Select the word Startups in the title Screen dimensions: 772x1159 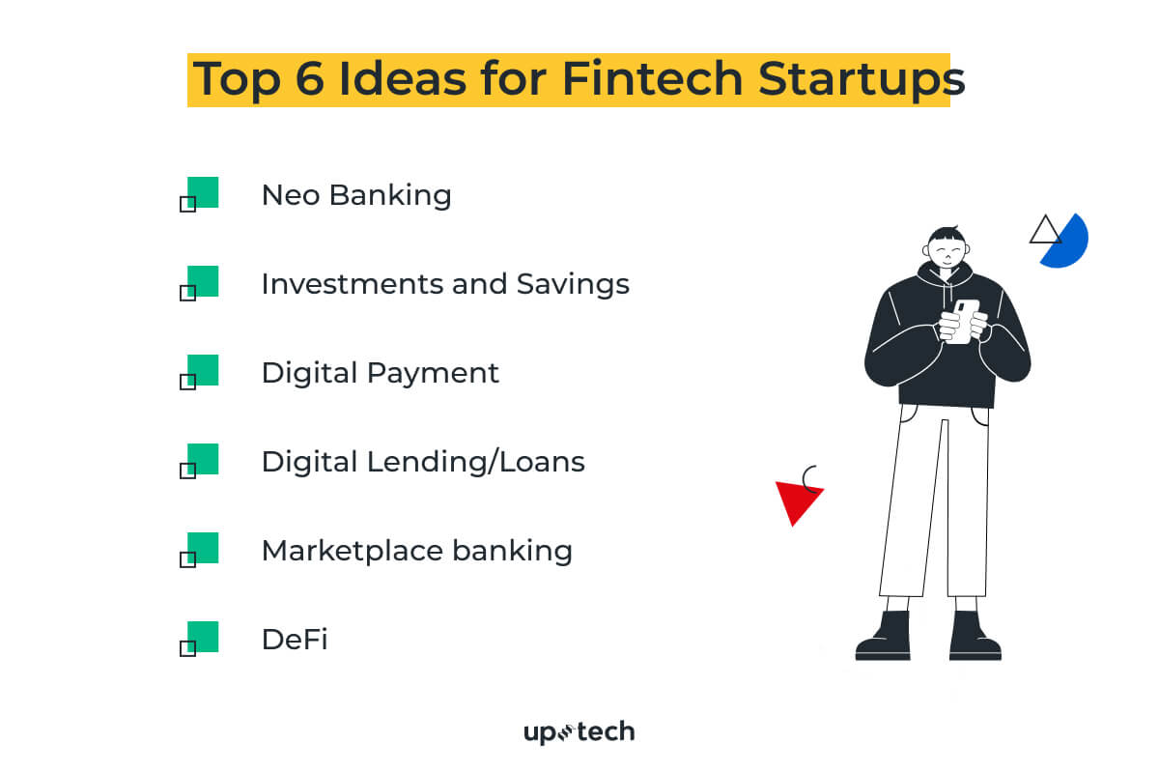pyautogui.click(x=861, y=79)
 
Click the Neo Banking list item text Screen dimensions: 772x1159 pyautogui.click(x=356, y=195)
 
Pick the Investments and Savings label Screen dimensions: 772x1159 pyautogui.click(x=445, y=284)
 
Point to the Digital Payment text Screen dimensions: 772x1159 pyautogui.click(x=381, y=373)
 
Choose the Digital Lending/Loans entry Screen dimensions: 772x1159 pyautogui.click(x=423, y=462)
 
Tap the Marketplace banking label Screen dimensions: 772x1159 pyautogui.click(x=417, y=551)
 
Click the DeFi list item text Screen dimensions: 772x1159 pyautogui.click(x=295, y=640)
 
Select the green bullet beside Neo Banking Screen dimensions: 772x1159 pyautogui.click(x=203, y=191)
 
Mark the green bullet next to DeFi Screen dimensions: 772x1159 pyautogui.click(x=203, y=636)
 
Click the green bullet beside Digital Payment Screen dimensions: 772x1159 pyautogui.click(x=203, y=369)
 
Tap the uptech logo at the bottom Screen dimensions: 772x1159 pyautogui.click(x=579, y=732)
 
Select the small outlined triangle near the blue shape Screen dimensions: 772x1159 pyautogui.click(x=1044, y=231)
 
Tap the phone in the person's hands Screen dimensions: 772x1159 pyautogui.click(x=961, y=320)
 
